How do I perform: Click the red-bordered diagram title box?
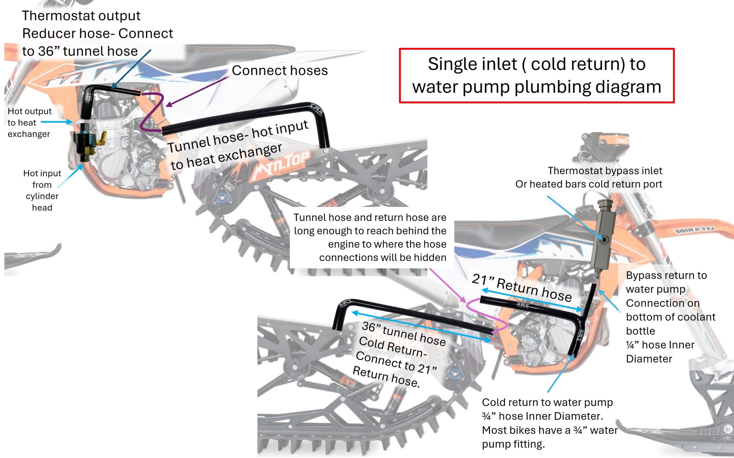pyautogui.click(x=536, y=75)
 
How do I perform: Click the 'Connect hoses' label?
pyautogui.click(x=280, y=71)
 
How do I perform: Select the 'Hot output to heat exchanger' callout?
pyautogui.click(x=29, y=122)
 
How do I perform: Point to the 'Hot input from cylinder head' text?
pyautogui.click(x=42, y=190)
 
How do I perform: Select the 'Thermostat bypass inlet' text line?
pyautogui.click(x=605, y=171)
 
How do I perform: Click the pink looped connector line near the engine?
pyautogui.click(x=485, y=316)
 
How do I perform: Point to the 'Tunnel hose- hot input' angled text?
pyautogui.click(x=238, y=136)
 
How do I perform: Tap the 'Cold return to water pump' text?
pyautogui.click(x=547, y=402)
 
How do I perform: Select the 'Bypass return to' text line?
pyautogui.click(x=666, y=275)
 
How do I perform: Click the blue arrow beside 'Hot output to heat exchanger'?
pyautogui.click(x=56, y=122)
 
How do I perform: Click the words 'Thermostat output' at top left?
pyautogui.click(x=81, y=16)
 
